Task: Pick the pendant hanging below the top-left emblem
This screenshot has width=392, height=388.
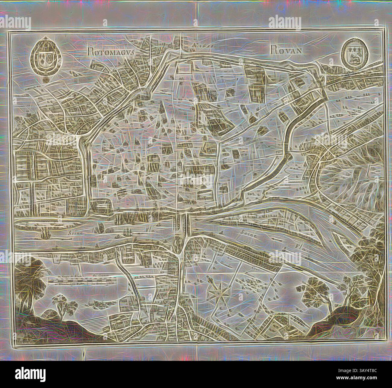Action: tap(46, 80)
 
